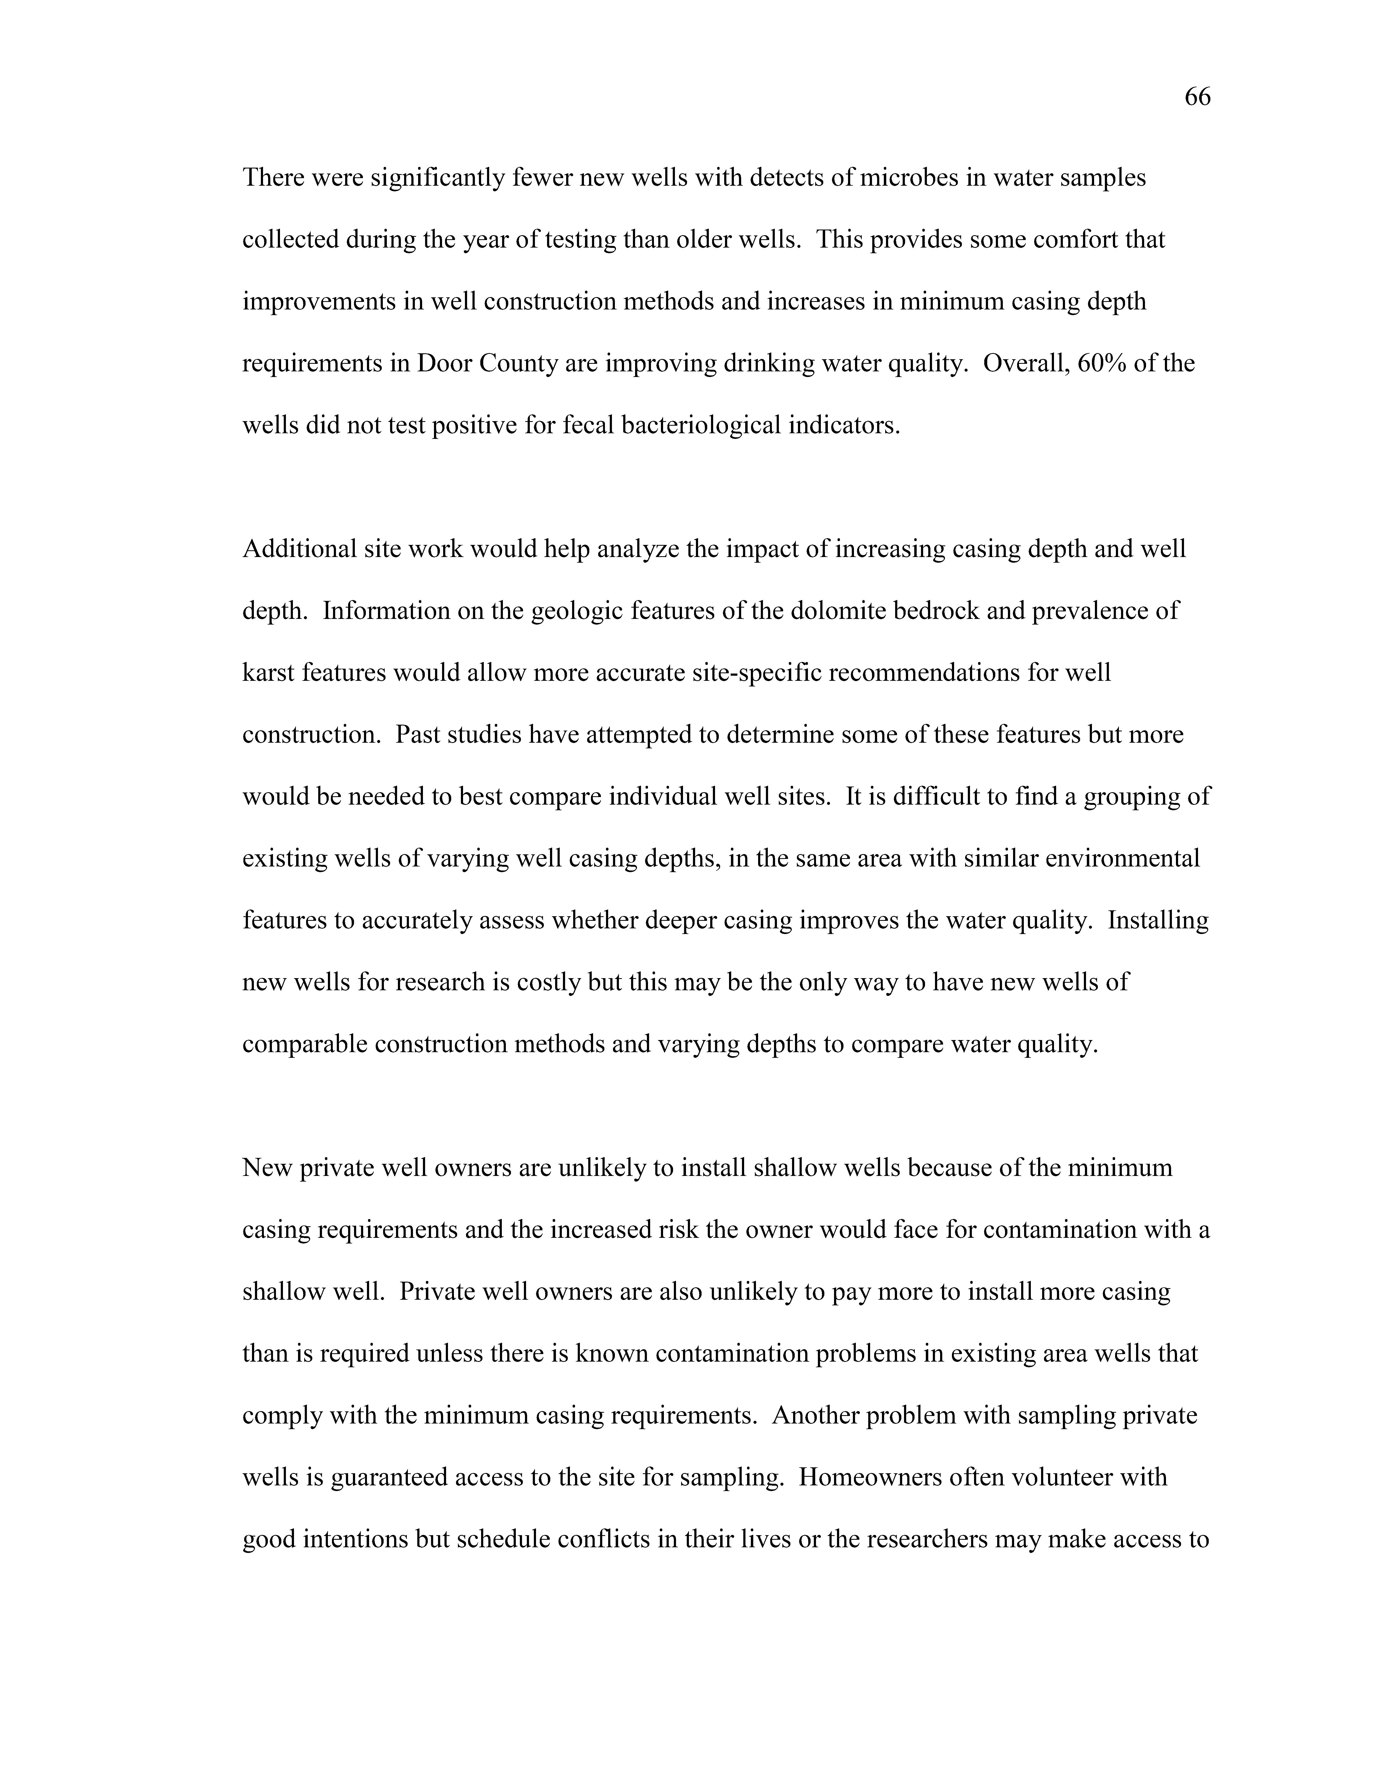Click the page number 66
coord(1197,98)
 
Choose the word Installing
coord(1158,921)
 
